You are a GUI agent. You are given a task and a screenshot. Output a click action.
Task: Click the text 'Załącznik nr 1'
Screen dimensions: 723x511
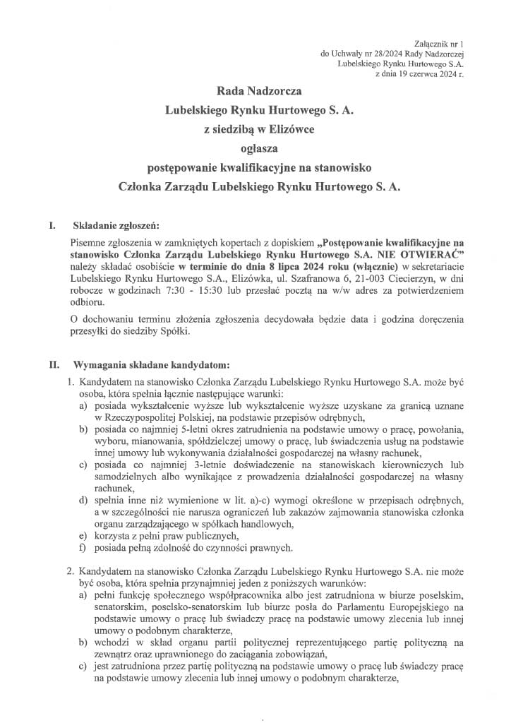coord(440,44)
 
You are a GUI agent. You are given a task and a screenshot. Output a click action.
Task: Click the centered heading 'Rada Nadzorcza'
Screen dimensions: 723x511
coord(255,90)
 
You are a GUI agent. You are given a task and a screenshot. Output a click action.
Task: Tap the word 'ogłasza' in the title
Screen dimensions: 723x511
coord(255,148)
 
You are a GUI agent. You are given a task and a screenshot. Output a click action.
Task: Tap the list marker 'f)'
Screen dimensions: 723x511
coord(83,549)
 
